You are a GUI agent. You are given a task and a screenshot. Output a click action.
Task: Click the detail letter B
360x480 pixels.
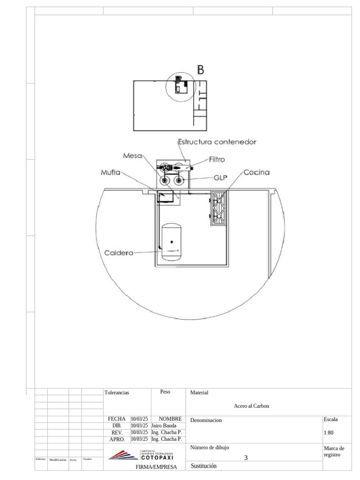point(201,70)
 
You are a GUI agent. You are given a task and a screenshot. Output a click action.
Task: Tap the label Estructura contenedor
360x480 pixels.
point(217,141)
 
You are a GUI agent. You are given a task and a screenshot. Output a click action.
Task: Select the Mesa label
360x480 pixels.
point(133,155)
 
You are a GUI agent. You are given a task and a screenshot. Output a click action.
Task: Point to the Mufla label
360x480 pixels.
point(111,172)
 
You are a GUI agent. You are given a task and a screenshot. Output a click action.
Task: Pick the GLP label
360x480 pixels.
point(220,178)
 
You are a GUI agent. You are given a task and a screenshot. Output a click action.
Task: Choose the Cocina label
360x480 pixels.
point(256,172)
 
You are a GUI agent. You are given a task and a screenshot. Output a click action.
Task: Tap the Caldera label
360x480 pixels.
point(119,253)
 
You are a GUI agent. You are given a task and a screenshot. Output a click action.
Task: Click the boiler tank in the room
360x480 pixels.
point(172,242)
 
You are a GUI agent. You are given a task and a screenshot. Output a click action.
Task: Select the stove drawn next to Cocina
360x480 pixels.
point(219,208)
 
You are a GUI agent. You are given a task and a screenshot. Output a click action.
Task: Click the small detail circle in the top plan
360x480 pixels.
point(178,87)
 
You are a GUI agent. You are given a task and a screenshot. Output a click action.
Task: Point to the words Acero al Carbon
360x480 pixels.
point(251,406)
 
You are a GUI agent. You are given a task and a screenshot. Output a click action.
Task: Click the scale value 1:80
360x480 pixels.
point(329,433)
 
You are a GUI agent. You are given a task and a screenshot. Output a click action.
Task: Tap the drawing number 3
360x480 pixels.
point(246,458)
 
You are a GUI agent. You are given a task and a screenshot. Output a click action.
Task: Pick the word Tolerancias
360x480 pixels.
point(116,392)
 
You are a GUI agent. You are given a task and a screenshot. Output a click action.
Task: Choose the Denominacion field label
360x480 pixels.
point(206,420)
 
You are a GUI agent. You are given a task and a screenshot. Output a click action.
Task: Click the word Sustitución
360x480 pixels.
point(204,465)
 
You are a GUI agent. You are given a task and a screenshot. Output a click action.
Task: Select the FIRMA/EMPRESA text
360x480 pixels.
point(157,467)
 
